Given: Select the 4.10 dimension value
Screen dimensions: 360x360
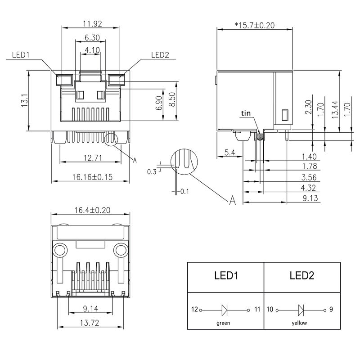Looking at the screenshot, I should coord(92,50).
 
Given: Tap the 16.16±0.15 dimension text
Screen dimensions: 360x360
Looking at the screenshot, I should coord(92,177).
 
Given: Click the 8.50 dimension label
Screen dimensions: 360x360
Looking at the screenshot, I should coord(172,101).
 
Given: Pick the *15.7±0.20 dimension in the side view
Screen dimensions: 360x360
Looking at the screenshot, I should coord(254,25).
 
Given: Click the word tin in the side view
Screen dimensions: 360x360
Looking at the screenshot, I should coord(246,113).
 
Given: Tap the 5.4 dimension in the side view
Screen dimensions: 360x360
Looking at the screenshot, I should coord(229,153).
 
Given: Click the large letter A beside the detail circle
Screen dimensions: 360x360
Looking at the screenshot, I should coord(233,200).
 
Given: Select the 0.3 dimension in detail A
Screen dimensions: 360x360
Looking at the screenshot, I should coord(152,172).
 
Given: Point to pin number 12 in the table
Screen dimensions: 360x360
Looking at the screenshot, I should coord(194,310).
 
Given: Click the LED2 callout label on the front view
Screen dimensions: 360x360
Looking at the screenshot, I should coord(160,55).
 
